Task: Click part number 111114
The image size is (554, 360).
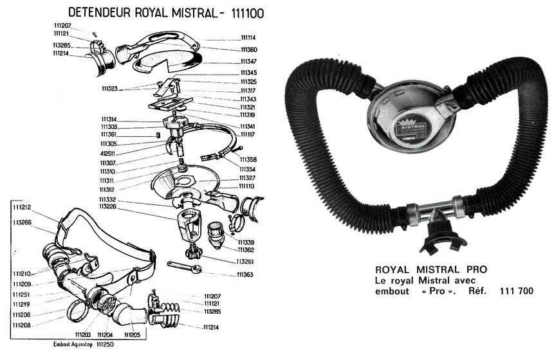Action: tap(248, 38)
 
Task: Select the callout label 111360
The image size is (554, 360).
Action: tap(249, 50)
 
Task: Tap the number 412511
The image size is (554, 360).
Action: tap(107, 154)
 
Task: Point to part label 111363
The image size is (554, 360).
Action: tap(245, 274)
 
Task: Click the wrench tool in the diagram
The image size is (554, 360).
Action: tap(184, 267)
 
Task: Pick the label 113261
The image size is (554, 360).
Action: tap(245, 262)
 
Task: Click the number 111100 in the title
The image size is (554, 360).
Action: tap(248, 14)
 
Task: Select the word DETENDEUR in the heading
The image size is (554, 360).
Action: tap(100, 12)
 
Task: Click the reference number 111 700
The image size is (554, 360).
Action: tap(517, 291)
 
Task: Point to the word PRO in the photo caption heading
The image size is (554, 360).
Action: tap(477, 269)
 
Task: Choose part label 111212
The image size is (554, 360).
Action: tap(22, 207)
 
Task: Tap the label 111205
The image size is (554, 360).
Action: tap(132, 334)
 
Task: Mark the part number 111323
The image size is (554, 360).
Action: tap(109, 89)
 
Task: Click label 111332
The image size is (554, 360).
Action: tap(107, 199)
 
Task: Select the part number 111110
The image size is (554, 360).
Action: tap(246, 186)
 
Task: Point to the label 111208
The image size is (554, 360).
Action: tap(21, 325)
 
